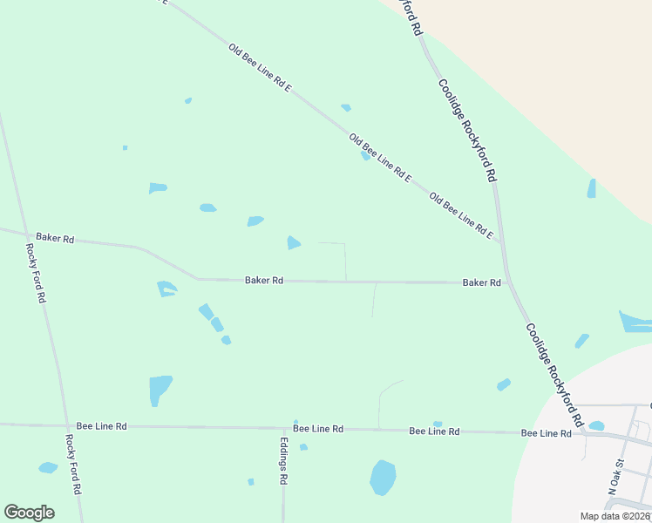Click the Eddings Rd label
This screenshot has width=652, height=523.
point(283,461)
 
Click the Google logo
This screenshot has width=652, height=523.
point(29,513)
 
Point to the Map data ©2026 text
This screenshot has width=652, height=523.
point(615,516)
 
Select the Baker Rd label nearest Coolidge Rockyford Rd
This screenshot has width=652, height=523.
point(481,282)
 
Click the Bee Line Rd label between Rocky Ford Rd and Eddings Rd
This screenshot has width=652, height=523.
point(102,425)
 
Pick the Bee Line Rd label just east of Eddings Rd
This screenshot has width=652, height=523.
point(318,429)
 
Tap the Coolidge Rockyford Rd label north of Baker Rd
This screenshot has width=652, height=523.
point(467,130)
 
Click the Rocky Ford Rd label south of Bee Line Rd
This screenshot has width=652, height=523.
point(73,465)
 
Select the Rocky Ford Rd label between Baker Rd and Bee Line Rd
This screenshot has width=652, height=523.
point(36,272)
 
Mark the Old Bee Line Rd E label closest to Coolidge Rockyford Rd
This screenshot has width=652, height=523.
point(461,217)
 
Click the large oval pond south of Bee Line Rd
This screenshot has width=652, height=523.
point(383,478)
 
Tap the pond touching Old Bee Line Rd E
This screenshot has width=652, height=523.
point(366,156)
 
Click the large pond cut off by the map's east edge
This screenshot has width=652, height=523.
point(635,322)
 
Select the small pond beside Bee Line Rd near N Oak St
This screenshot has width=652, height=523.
point(596,425)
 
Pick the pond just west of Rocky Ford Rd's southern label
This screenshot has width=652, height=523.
point(48,468)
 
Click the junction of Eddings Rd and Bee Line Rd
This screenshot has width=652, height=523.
point(283,429)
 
